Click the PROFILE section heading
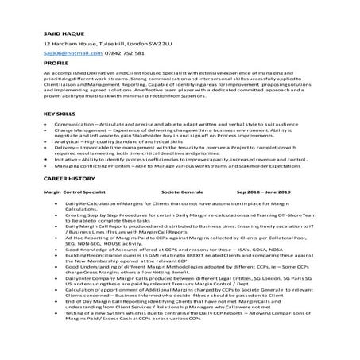click(56, 62)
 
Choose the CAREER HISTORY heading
click(68, 202)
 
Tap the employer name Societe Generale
click(181, 215)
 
